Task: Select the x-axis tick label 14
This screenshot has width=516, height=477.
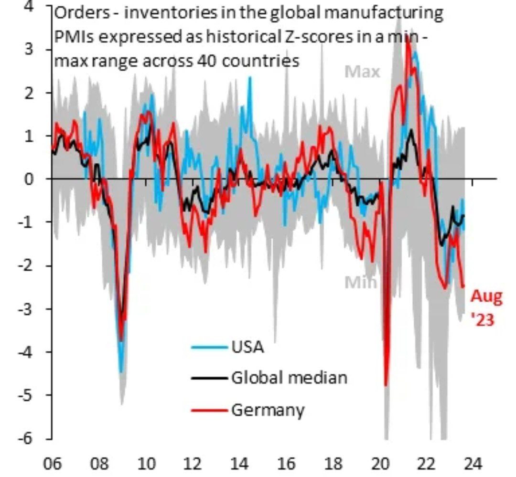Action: (x=240, y=464)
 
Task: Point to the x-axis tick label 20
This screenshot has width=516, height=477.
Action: (x=380, y=464)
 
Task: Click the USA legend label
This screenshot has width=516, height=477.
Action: (x=247, y=347)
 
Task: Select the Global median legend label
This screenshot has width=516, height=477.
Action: (x=289, y=378)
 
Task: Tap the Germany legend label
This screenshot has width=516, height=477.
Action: (x=268, y=409)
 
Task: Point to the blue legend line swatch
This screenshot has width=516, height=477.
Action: (x=209, y=347)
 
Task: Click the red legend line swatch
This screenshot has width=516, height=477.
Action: (x=209, y=410)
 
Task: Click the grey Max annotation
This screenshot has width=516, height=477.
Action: (x=362, y=72)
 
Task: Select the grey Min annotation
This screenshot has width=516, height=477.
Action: (x=360, y=283)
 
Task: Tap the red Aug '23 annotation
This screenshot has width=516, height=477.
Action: (x=487, y=307)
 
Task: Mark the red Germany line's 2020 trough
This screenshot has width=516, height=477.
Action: (x=386, y=385)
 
